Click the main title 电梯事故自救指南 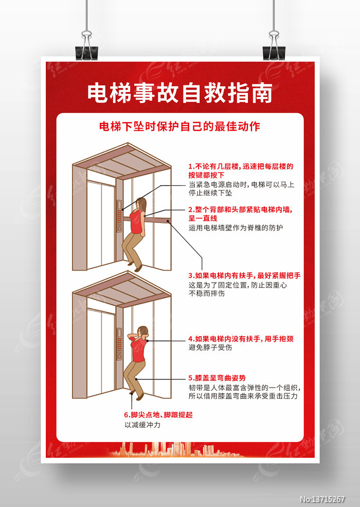pyautogui.click(x=179, y=93)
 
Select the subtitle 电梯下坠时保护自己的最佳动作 pyautogui.click(x=179, y=127)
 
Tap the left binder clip pyautogui.click(x=86, y=46)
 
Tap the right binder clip pyautogui.click(x=274, y=46)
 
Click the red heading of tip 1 pyautogui.click(x=241, y=171)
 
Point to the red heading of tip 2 pyautogui.click(x=241, y=214)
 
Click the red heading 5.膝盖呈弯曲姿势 pyautogui.click(x=217, y=378)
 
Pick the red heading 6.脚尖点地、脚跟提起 pyautogui.click(x=158, y=415)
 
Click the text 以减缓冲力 pyautogui.click(x=142, y=425)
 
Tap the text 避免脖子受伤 pyautogui.click(x=210, y=347)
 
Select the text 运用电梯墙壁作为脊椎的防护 pyautogui.click(x=236, y=228)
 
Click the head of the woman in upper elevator pyautogui.click(x=141, y=204)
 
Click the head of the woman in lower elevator pyautogui.click(x=142, y=332)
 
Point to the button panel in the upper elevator pyautogui.click(x=119, y=216)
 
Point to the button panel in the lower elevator pyautogui.click(x=119, y=344)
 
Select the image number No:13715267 pyautogui.click(x=322, y=499)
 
